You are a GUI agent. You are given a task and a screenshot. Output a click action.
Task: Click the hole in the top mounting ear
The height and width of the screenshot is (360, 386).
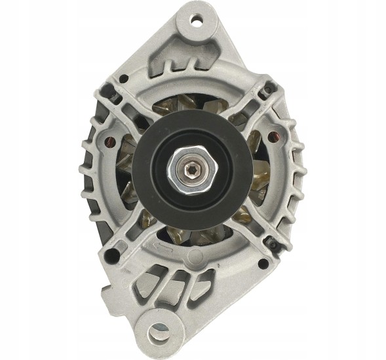coord(195,20)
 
